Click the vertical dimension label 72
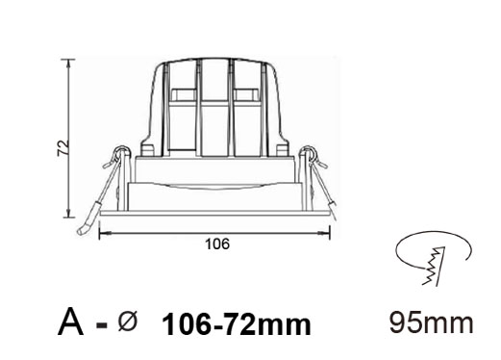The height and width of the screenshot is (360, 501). [x=63, y=148]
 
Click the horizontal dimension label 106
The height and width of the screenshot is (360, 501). [x=217, y=244]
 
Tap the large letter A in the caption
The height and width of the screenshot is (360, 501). [x=71, y=321]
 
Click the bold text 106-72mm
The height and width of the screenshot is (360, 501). [x=237, y=325]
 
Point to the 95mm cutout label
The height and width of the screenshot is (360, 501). [x=432, y=322]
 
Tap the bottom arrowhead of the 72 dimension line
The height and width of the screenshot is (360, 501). [x=68, y=214]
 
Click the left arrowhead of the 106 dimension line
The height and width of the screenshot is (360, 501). [x=103, y=234]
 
